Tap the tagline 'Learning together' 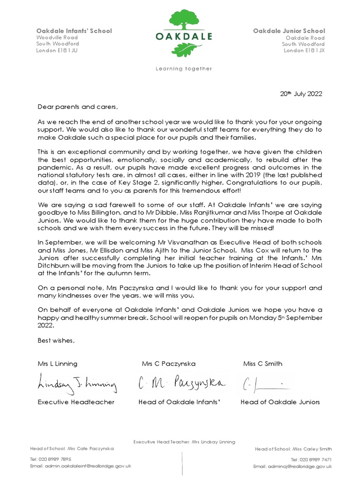183,68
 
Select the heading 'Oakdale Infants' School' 74,31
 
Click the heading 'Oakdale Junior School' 289,31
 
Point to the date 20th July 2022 301,93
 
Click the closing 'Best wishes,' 56,340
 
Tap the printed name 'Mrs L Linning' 58,364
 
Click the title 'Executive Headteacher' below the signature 76,402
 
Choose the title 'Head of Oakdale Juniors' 280,402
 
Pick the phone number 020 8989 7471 311,459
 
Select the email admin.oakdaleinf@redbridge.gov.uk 81,466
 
